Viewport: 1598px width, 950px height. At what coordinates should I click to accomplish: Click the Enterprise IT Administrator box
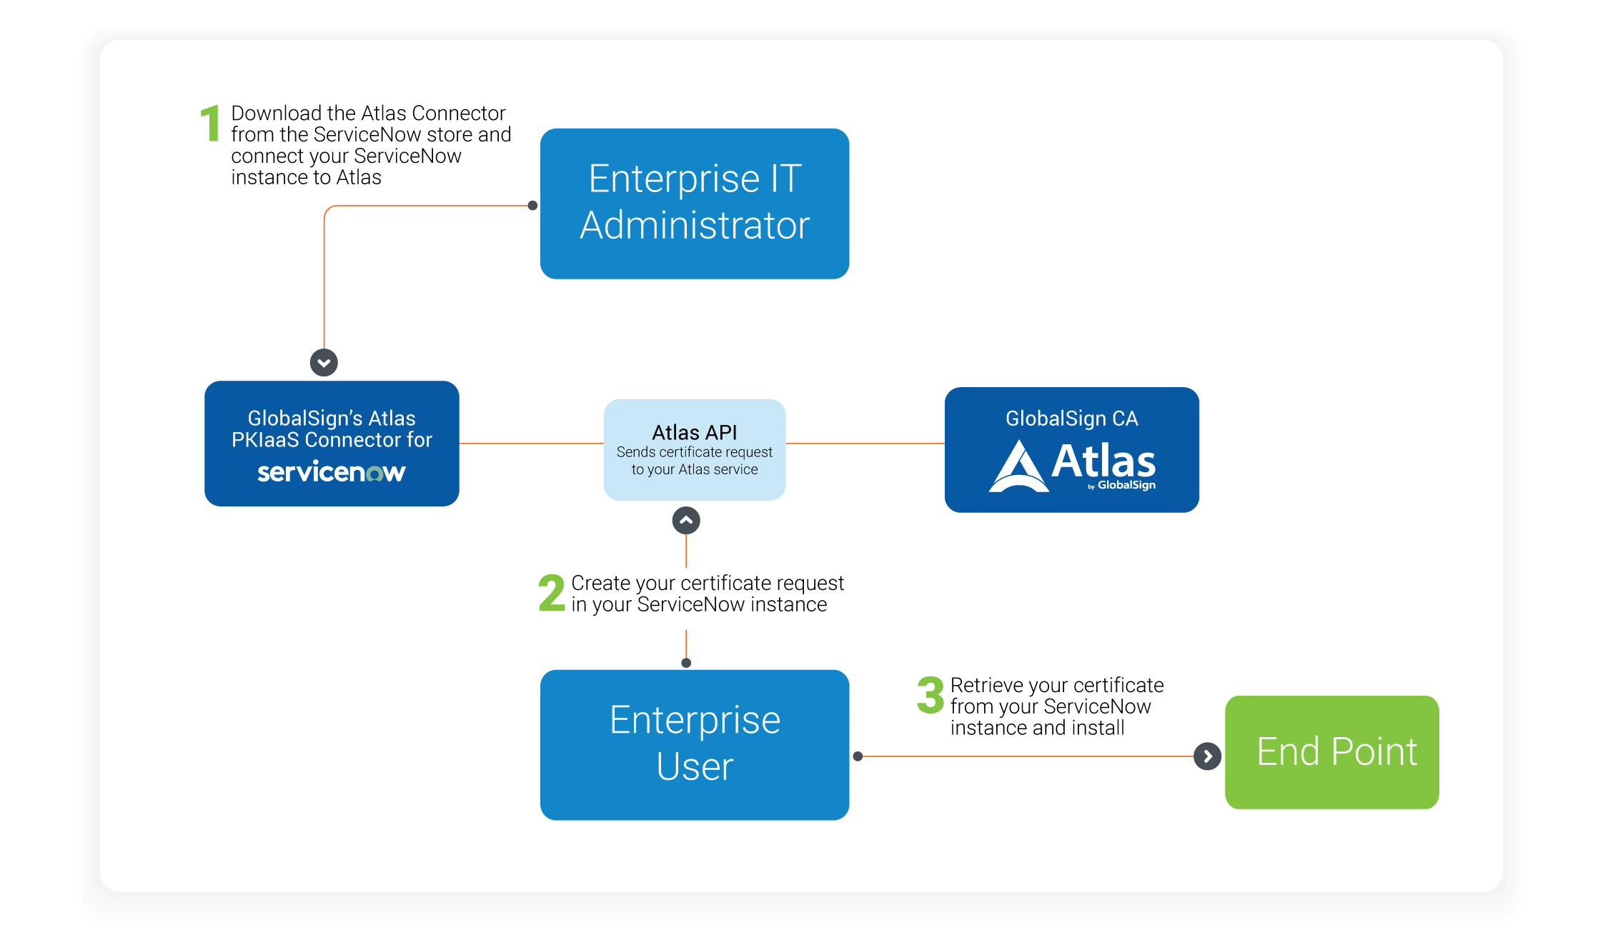[x=694, y=204]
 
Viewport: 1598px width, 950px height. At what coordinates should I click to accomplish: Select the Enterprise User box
[x=694, y=744]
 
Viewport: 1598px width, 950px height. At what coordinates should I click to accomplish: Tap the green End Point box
[x=1331, y=752]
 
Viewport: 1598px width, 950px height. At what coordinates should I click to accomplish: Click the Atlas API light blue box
[x=694, y=449]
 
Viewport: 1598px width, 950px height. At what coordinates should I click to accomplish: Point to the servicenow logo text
[x=332, y=472]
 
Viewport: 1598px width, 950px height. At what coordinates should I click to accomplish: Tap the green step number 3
[x=930, y=695]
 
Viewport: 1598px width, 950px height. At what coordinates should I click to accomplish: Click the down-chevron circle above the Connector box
[x=324, y=363]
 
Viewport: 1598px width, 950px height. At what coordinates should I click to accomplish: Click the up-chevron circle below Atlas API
[x=686, y=521]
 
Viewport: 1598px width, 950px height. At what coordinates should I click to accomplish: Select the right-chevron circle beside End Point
[x=1207, y=756]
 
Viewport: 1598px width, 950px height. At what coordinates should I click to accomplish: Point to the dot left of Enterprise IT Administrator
[x=532, y=206]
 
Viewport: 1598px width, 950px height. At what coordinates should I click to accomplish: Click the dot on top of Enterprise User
[x=686, y=663]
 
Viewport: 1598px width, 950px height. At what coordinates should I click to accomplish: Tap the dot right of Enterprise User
[x=858, y=756]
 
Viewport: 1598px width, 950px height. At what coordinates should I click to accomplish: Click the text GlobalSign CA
[x=1071, y=419]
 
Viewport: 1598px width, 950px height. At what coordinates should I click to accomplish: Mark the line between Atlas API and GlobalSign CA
[x=865, y=444]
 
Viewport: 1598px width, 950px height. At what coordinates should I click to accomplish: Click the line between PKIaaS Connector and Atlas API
[x=531, y=444]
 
